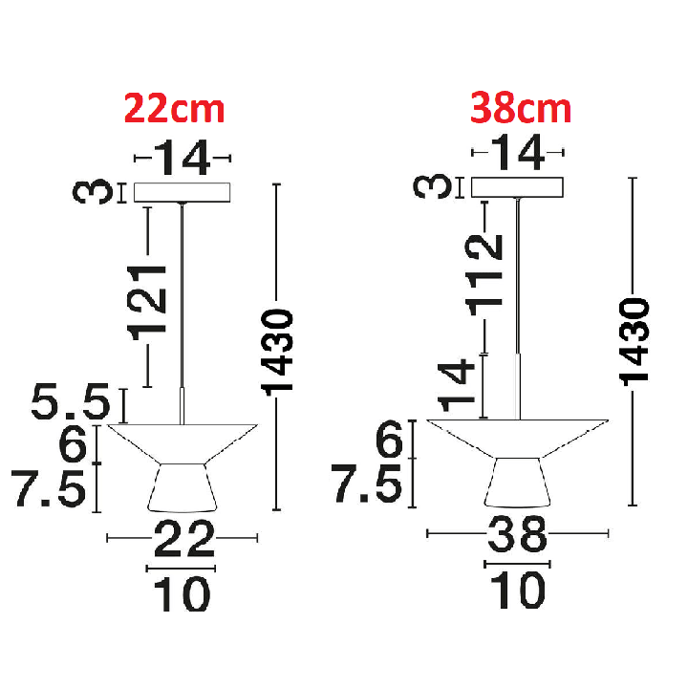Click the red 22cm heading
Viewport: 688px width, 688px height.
tap(174, 108)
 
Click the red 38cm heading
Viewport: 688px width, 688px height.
tap(521, 108)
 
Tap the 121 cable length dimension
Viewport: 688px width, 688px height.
tap(147, 304)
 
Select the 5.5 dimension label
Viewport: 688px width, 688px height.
tap(71, 401)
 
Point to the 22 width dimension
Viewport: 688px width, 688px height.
tap(183, 539)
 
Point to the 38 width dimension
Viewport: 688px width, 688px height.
tap(517, 533)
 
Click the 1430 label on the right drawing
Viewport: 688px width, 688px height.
tap(634, 342)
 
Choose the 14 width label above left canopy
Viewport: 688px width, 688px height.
tap(183, 158)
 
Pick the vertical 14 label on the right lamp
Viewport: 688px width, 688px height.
tap(457, 385)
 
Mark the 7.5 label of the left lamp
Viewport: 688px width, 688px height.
tap(49, 488)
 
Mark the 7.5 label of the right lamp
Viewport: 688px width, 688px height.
tap(366, 484)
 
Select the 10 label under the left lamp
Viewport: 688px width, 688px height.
tap(183, 593)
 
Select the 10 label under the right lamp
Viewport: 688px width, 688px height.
tap(518, 590)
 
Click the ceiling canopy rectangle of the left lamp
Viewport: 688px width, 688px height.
tap(183, 193)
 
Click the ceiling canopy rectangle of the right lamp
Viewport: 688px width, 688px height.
tap(517, 187)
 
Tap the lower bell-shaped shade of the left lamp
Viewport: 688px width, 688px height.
tap(183, 488)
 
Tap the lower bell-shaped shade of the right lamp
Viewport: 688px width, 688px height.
tap(517, 483)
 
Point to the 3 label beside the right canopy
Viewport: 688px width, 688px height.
tap(432, 186)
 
